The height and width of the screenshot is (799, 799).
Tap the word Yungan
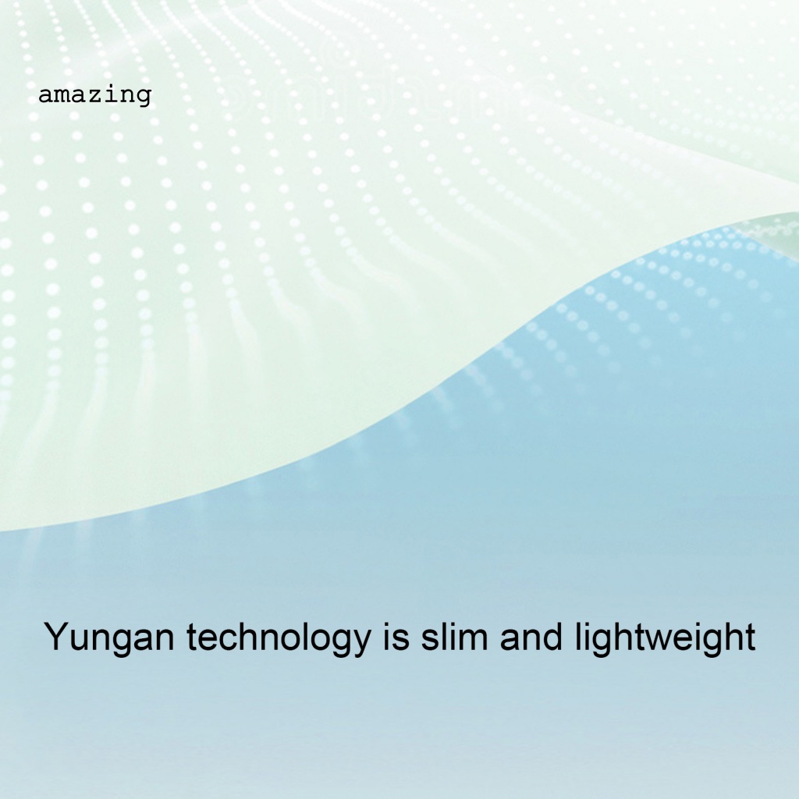[109, 637]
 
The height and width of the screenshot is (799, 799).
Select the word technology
[279, 637]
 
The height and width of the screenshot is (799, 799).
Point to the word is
[396, 636]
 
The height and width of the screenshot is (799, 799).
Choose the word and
[531, 636]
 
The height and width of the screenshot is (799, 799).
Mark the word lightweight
[665, 637]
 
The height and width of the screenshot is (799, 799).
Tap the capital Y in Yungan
[56, 636]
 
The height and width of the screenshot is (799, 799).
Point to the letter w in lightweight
[669, 640]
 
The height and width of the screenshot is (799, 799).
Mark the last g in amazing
[144, 98]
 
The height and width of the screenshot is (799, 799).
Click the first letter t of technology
[192, 637]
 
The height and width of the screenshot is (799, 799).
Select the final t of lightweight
[750, 637]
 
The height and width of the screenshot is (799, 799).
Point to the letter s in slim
[431, 640]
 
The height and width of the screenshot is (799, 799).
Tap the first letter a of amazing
[45, 96]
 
